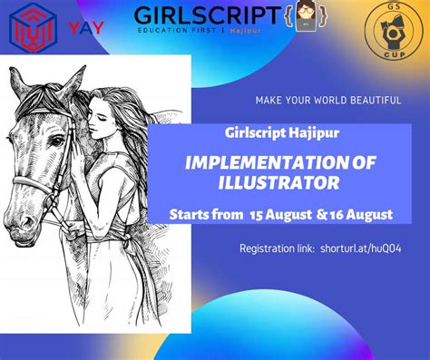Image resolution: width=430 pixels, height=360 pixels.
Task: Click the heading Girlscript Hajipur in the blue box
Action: click(x=272, y=131)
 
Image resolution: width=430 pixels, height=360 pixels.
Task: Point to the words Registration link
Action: click(x=277, y=248)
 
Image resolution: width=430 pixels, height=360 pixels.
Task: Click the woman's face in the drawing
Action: click(x=116, y=113)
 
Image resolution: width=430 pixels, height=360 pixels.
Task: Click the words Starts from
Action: click(x=202, y=215)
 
